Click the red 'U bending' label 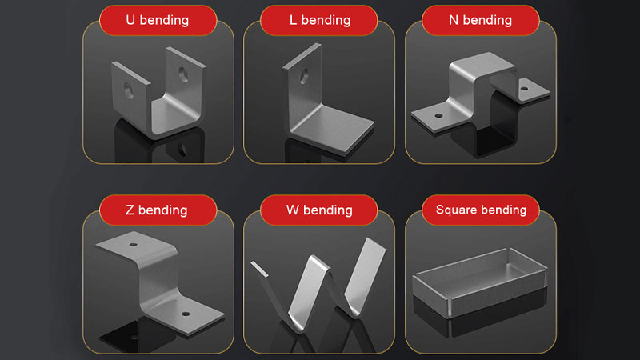[x=158, y=21]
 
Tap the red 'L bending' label [x=319, y=21]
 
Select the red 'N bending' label [x=481, y=21]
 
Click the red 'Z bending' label [x=158, y=210]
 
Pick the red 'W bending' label [x=319, y=210]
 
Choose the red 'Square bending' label [x=481, y=210]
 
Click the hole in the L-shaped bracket [x=305, y=76]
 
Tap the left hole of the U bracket [x=128, y=90]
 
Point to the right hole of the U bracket [x=184, y=74]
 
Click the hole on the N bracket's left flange [x=438, y=115]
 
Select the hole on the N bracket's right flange [x=525, y=89]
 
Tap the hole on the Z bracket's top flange [x=133, y=245]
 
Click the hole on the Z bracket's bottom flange [x=186, y=314]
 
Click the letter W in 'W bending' [x=293, y=210]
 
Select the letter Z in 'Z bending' [x=130, y=210]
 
